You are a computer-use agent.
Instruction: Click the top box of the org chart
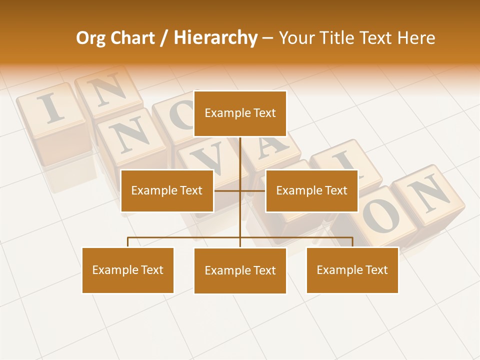tap(240, 113)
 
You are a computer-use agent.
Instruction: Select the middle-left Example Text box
tap(167, 190)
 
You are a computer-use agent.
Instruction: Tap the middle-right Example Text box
tap(311, 190)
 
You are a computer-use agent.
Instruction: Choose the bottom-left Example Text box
tap(127, 270)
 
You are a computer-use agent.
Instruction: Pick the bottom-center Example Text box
tap(240, 270)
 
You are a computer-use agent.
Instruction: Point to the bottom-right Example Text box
tap(352, 270)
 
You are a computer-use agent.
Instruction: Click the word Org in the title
tap(90, 38)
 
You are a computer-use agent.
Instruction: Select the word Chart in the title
tap(132, 38)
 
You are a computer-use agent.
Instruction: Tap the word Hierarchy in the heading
tap(215, 38)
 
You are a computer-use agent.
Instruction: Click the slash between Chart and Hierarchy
tap(164, 38)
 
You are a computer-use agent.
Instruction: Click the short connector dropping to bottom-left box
tap(128, 242)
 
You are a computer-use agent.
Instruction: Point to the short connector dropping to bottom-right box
tap(352, 242)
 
